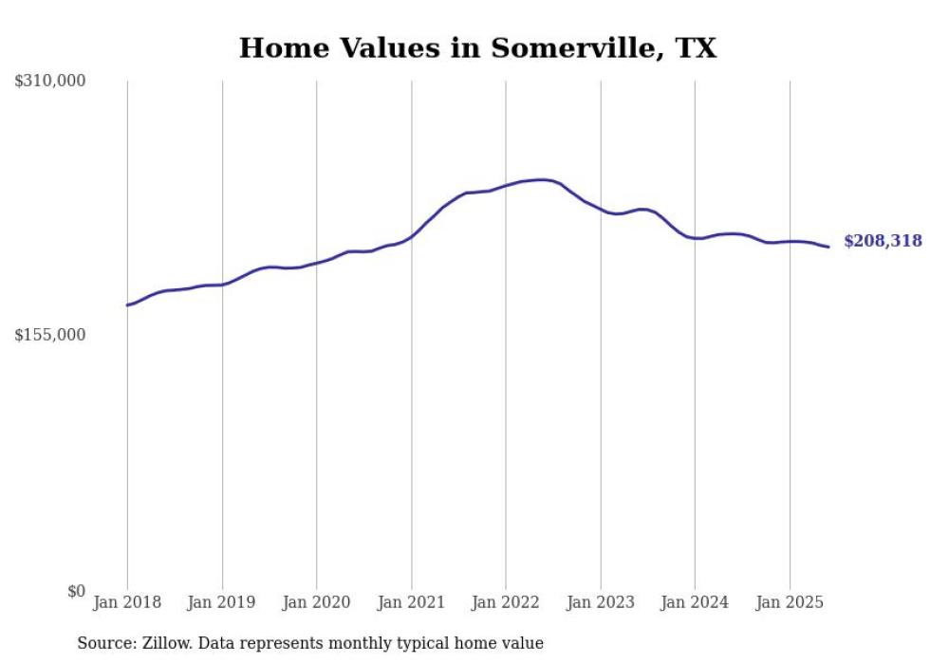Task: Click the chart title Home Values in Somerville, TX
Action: pyautogui.click(x=477, y=47)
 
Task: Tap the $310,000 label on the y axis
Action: pyautogui.click(x=50, y=82)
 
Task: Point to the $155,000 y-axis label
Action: pyautogui.click(x=50, y=335)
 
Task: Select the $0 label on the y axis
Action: pyautogui.click(x=76, y=591)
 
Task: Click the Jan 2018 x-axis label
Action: pyautogui.click(x=127, y=602)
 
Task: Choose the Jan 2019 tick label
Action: pyautogui.click(x=222, y=602)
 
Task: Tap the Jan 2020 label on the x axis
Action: pyautogui.click(x=316, y=602)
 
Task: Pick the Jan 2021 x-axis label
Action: pyautogui.click(x=411, y=602)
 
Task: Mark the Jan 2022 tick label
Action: pyautogui.click(x=506, y=602)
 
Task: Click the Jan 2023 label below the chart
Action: pyautogui.click(x=600, y=602)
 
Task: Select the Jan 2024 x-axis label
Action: pyautogui.click(x=695, y=602)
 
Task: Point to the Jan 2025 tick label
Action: pyautogui.click(x=790, y=602)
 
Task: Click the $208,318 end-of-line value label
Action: pyautogui.click(x=883, y=241)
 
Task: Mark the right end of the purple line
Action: pyautogui.click(x=828, y=247)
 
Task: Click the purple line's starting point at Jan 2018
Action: pyautogui.click(x=127, y=304)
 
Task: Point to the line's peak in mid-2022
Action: pyautogui.click(x=541, y=179)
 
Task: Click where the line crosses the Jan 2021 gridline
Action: pyautogui.click(x=411, y=236)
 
